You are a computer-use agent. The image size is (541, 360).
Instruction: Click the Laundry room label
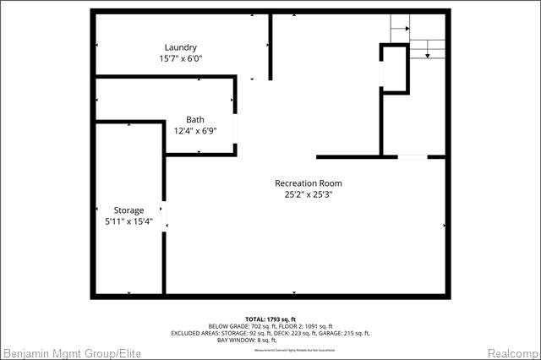coord(181,47)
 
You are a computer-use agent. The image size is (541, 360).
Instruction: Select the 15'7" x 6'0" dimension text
coord(181,59)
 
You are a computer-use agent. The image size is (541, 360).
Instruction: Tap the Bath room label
coord(195,120)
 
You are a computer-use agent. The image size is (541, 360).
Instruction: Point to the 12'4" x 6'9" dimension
coord(195,131)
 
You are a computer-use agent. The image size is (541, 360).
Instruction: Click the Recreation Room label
coord(309,183)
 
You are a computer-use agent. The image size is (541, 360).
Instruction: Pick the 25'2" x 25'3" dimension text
coord(309,195)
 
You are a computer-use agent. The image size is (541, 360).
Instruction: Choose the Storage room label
coord(129,210)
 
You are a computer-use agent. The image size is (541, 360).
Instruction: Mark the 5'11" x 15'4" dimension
coord(129,221)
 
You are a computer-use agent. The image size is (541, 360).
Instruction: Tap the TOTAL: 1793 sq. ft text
coord(271,319)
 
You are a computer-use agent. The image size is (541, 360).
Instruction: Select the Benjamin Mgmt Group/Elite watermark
coord(72,352)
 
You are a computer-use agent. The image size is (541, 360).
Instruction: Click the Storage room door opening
coord(165,216)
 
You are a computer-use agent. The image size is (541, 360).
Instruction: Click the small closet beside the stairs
coord(394,68)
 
